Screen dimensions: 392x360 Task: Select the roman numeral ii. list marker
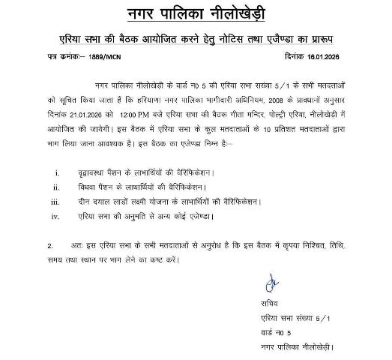pos(58,187)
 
